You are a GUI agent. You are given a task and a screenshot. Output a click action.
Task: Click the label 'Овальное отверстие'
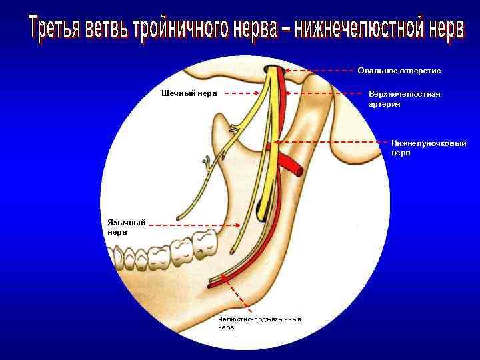[x=399, y=71]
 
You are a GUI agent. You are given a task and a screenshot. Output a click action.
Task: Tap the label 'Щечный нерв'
[x=189, y=93]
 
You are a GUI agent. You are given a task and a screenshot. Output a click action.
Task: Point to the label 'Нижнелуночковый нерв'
[x=429, y=147]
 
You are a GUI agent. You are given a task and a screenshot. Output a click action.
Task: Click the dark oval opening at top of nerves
[x=273, y=69]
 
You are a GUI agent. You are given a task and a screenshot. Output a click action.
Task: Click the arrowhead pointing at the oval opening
[x=287, y=69]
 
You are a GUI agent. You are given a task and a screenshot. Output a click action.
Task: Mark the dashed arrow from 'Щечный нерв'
[x=240, y=94]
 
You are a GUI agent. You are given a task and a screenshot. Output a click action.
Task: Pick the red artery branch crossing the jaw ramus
[x=291, y=163]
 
